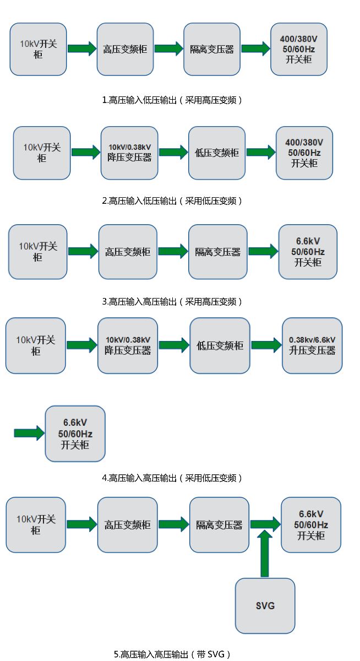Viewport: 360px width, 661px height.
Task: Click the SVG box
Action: [265, 605]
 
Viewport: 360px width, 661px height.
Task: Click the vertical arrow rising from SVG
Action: [265, 554]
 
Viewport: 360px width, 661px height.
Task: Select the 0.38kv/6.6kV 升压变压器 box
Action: [312, 345]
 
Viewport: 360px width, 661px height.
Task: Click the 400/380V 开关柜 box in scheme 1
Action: [299, 50]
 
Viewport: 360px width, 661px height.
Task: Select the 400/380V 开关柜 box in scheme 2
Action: [304, 153]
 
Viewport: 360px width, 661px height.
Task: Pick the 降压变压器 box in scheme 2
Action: [129, 153]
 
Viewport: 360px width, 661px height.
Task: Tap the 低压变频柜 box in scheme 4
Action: [220, 345]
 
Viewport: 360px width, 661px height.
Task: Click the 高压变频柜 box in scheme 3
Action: [128, 252]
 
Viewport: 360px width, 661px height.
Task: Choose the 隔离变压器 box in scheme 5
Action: [219, 525]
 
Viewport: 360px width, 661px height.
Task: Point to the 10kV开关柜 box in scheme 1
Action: [39, 48]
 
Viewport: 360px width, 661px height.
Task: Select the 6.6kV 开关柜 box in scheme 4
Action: [75, 434]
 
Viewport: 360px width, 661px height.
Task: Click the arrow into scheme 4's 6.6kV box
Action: [29, 433]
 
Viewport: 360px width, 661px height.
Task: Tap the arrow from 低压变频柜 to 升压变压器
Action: [266, 345]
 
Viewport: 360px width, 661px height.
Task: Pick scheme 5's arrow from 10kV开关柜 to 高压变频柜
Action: [81, 524]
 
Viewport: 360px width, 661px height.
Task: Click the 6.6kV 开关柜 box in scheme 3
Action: [308, 252]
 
